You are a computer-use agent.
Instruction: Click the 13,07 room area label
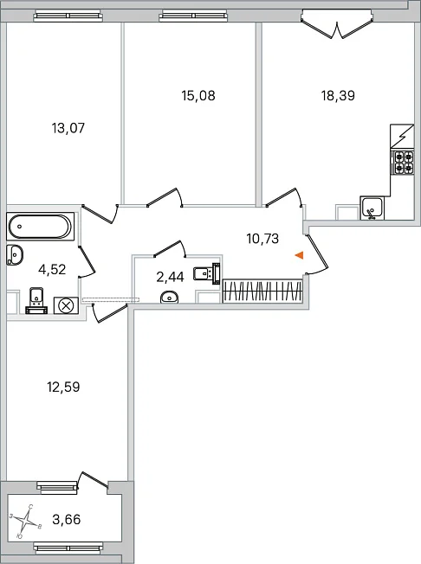click(68, 128)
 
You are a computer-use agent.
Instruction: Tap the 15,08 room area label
click(198, 96)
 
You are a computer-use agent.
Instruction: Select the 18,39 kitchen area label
click(338, 96)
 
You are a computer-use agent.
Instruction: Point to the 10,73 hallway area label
click(262, 239)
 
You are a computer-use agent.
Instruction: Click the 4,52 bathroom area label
click(52, 269)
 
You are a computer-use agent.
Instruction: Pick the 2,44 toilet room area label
click(170, 277)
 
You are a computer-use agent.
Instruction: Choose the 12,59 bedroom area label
click(63, 387)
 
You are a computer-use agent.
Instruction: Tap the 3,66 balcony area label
click(66, 519)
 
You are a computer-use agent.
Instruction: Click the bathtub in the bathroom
click(41, 227)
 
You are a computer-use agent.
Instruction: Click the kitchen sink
click(372, 208)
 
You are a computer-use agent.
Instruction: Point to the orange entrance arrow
click(299, 255)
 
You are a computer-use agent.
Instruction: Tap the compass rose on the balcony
click(26, 520)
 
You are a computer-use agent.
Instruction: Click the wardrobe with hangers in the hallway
click(262, 291)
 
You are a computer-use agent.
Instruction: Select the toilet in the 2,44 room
click(207, 273)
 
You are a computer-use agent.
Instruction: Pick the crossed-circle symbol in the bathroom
click(66, 306)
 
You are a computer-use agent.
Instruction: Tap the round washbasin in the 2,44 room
click(169, 297)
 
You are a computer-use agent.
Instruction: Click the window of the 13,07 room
click(67, 16)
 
